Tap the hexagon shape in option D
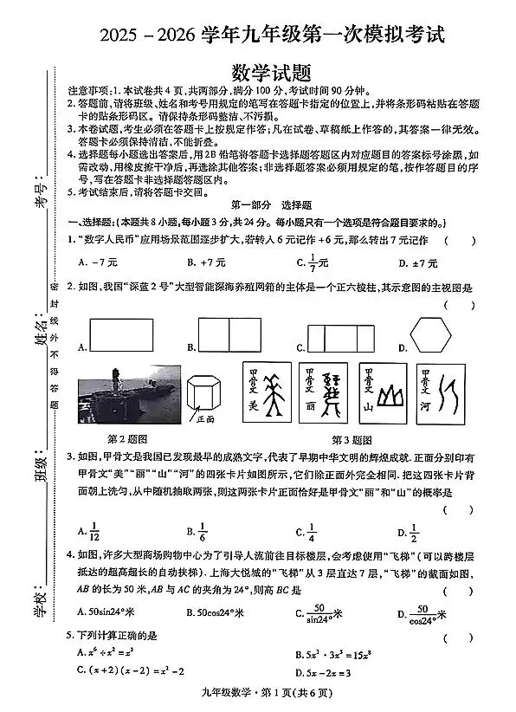[429, 334]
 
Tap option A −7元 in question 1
[97, 262]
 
